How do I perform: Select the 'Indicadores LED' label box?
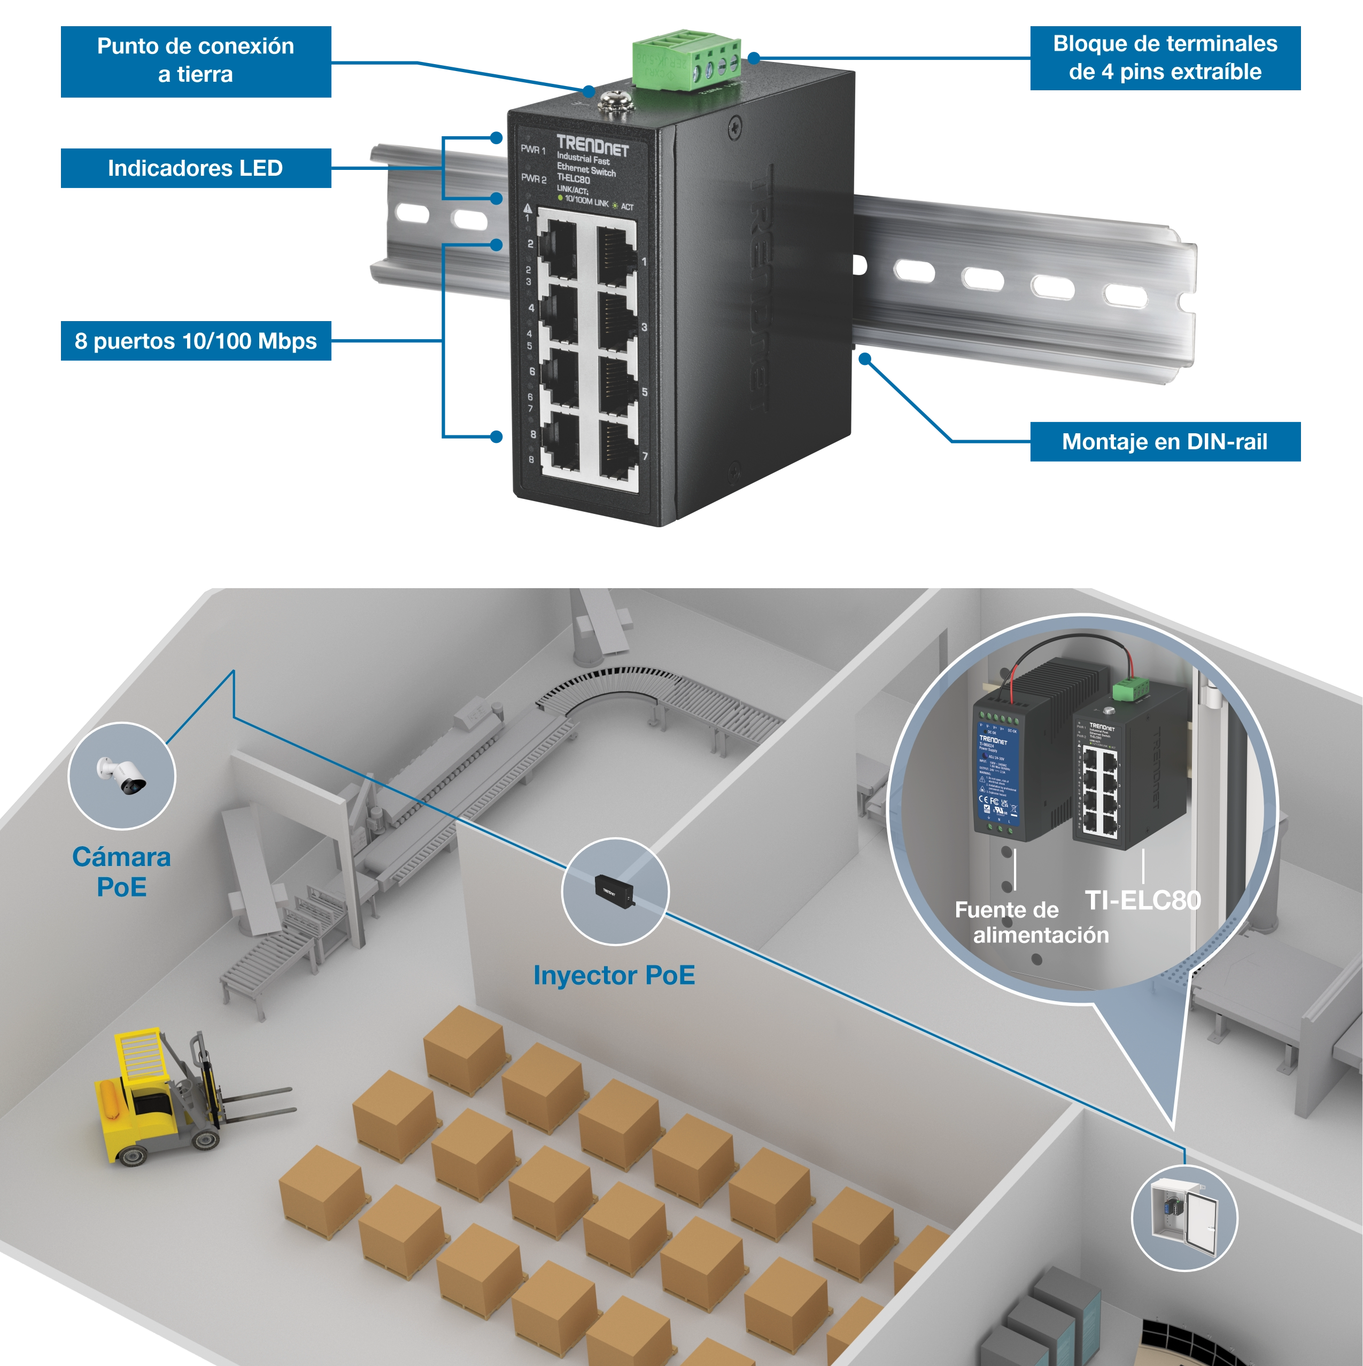[195, 168]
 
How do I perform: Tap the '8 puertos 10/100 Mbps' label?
[195, 341]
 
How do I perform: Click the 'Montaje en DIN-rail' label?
[1164, 442]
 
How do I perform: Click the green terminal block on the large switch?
[686, 62]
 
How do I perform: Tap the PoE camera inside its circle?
[122, 776]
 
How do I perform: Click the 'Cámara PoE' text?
[122, 872]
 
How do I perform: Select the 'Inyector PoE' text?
[614, 975]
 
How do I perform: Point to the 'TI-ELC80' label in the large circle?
[1142, 900]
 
